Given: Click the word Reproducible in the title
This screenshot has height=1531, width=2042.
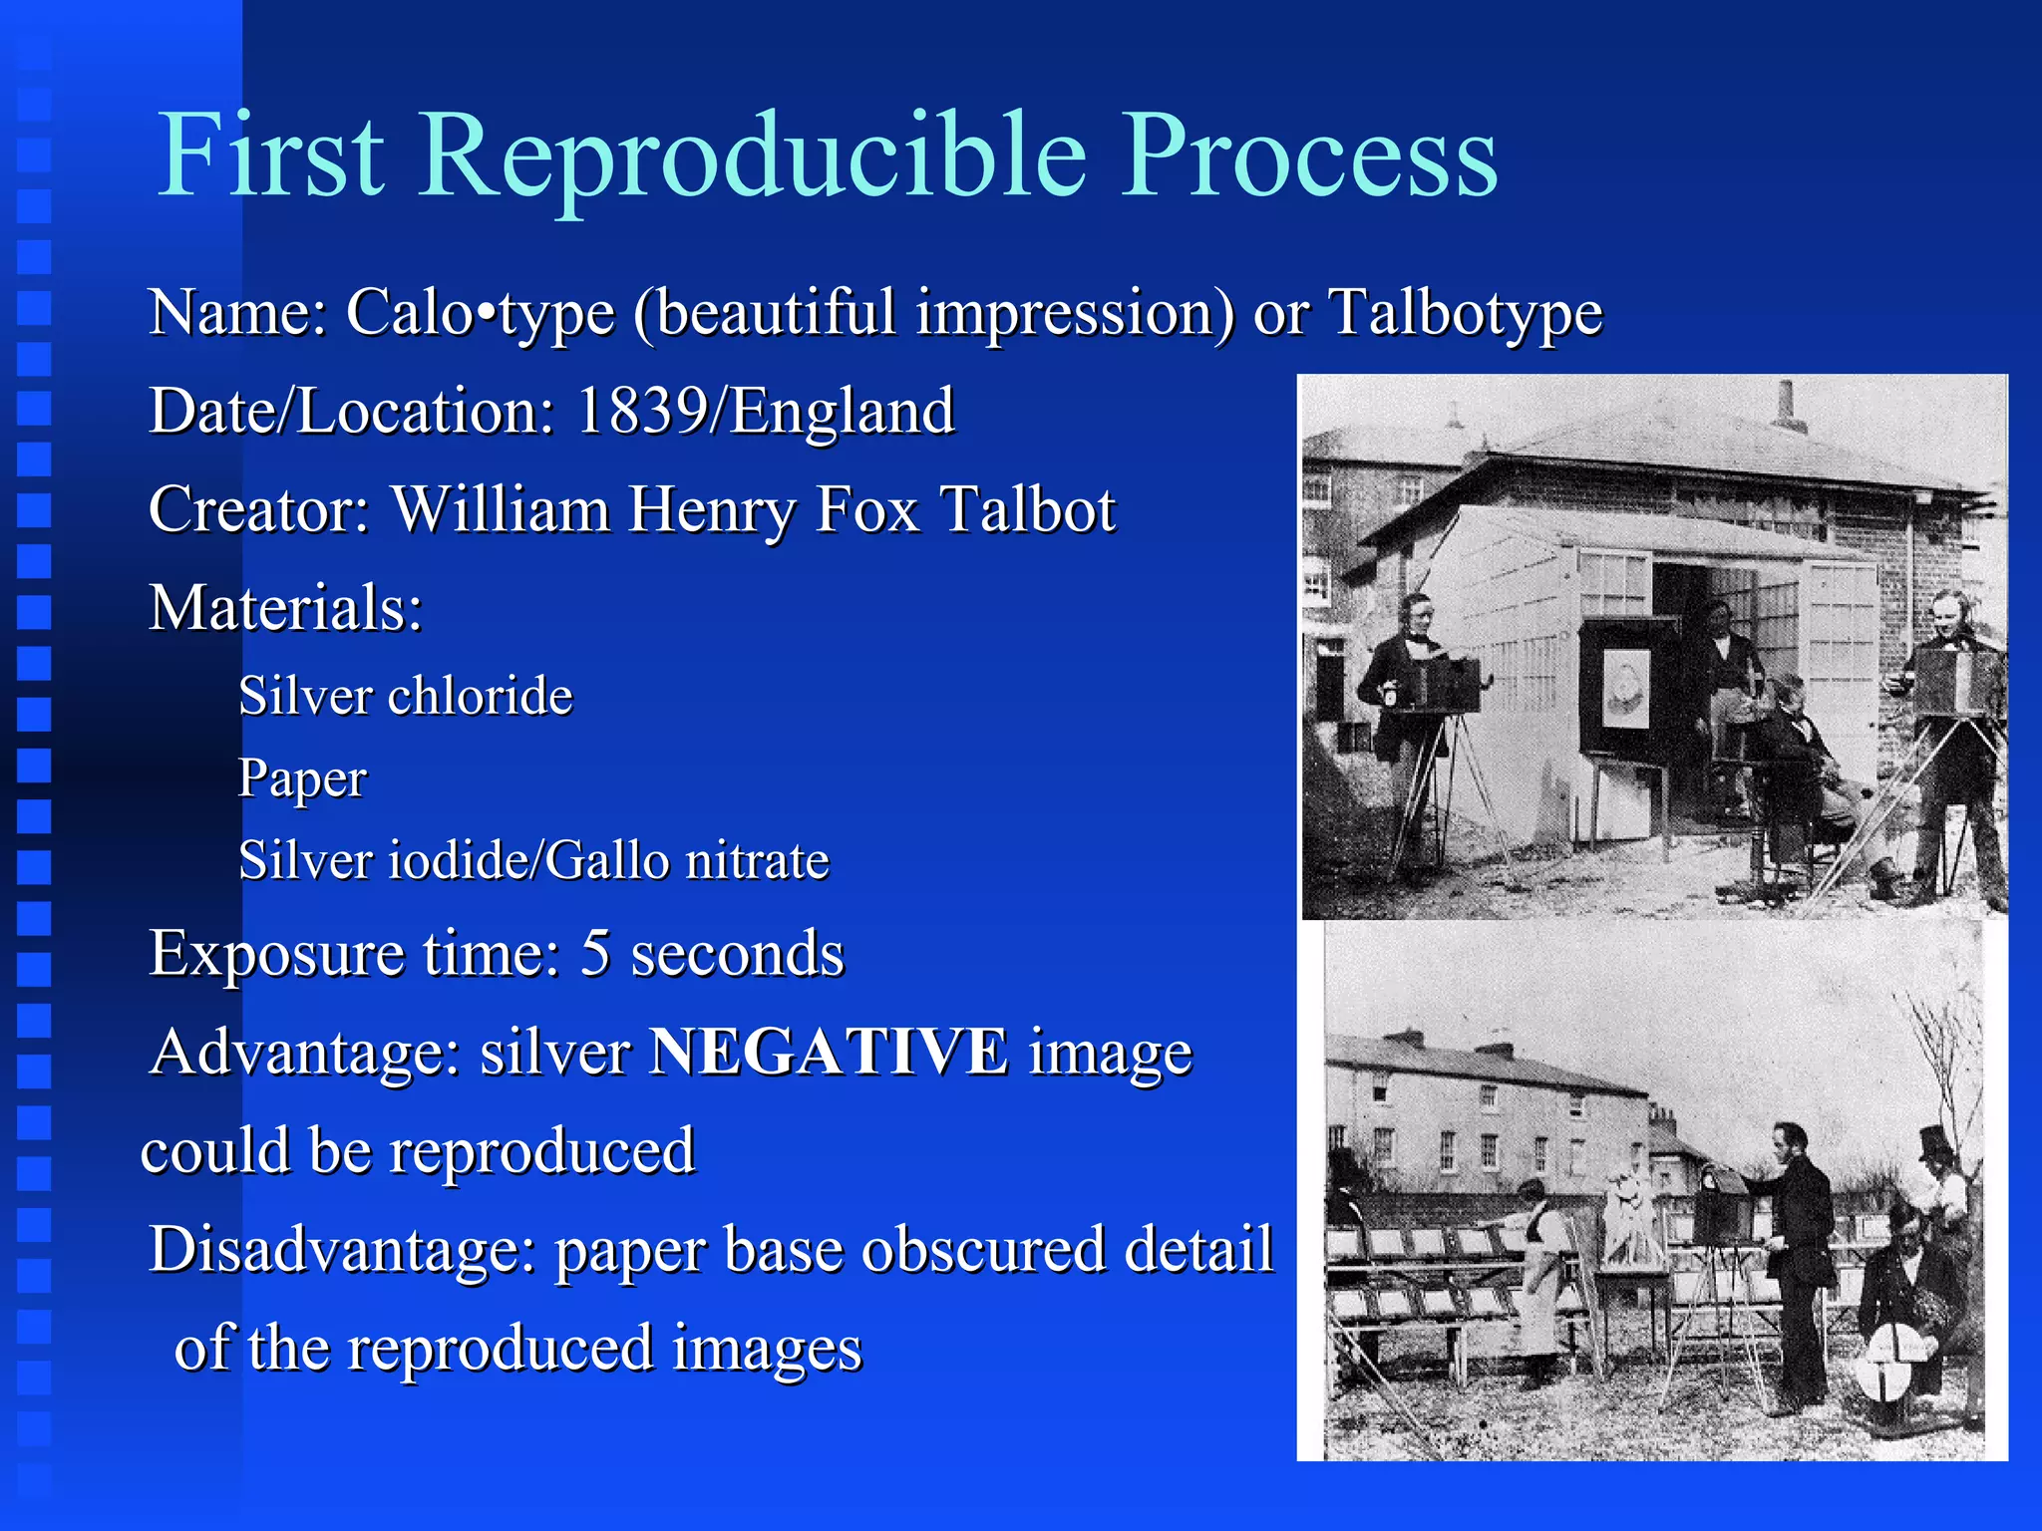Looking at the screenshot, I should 753,156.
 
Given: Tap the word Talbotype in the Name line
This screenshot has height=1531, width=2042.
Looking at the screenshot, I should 1466,313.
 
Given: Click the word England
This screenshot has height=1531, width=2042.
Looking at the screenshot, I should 843,411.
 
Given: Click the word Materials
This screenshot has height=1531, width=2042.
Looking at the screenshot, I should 285,607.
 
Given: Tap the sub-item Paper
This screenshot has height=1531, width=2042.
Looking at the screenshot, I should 302,778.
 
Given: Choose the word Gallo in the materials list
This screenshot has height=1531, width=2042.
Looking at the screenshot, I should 606,860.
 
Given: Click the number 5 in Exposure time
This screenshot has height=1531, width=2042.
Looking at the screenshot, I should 595,953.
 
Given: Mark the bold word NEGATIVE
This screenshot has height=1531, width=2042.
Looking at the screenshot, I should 828,1052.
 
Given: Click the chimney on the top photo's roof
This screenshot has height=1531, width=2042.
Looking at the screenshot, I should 1788,405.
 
